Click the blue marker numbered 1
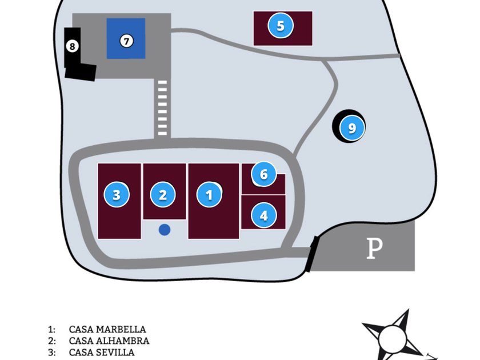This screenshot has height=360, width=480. tap(209, 195)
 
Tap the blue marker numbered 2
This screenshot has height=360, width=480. tap(163, 195)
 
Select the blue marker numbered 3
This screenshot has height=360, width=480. tap(117, 195)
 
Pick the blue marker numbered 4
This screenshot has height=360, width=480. tap(264, 215)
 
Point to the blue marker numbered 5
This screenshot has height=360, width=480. tap(281, 26)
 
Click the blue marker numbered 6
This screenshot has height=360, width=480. tap(264, 174)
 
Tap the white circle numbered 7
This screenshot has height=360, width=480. tap(126, 41)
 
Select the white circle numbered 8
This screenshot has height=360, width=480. tap(72, 46)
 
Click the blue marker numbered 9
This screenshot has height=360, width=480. tap(352, 128)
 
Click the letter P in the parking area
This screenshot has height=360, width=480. tap(375, 248)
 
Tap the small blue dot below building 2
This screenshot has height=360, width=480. tap(165, 230)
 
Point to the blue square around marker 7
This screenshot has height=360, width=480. tap(126, 38)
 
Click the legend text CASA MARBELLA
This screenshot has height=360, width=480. tap(107, 329)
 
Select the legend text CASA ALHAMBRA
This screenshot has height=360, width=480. tap(109, 341)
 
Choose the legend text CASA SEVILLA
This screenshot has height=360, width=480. tap(102, 353)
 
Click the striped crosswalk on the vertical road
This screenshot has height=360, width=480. tap(162, 108)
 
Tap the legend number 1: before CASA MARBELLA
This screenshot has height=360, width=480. tap(52, 329)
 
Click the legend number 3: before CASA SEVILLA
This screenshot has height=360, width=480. tap(52, 353)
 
